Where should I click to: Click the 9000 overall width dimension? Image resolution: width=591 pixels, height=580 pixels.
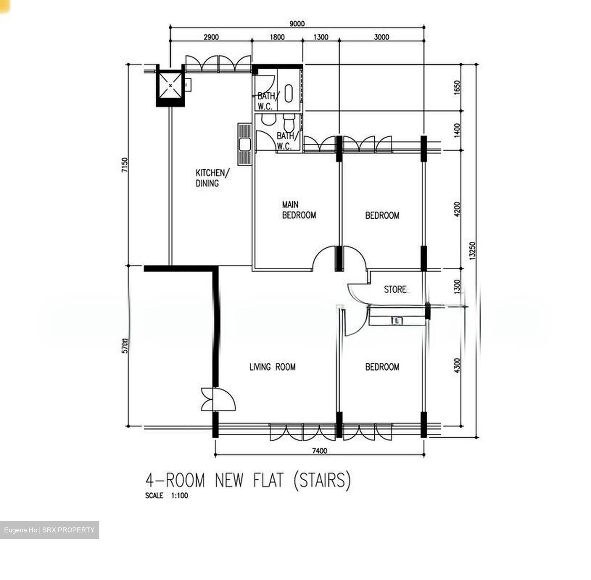click(297, 24)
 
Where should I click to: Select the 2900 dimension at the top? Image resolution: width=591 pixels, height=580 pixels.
click(211, 37)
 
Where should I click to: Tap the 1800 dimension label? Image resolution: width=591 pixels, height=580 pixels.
click(277, 37)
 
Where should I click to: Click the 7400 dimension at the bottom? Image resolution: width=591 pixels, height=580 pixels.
click(320, 451)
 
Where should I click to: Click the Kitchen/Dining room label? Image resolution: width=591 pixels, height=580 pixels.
click(212, 178)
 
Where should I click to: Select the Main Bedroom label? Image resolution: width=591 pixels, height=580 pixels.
click(299, 210)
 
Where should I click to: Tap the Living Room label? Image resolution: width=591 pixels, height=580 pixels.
click(273, 367)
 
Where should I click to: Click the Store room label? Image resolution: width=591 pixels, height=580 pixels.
click(395, 289)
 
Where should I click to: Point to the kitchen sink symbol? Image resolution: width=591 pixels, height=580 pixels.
click(245, 144)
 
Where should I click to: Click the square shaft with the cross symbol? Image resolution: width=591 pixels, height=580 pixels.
click(170, 85)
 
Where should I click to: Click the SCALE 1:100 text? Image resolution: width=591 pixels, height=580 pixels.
click(167, 495)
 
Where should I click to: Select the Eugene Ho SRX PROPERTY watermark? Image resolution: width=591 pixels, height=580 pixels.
click(49, 530)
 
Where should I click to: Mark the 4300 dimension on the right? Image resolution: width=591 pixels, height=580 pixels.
click(458, 365)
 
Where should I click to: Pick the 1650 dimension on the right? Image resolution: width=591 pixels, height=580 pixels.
click(458, 87)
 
